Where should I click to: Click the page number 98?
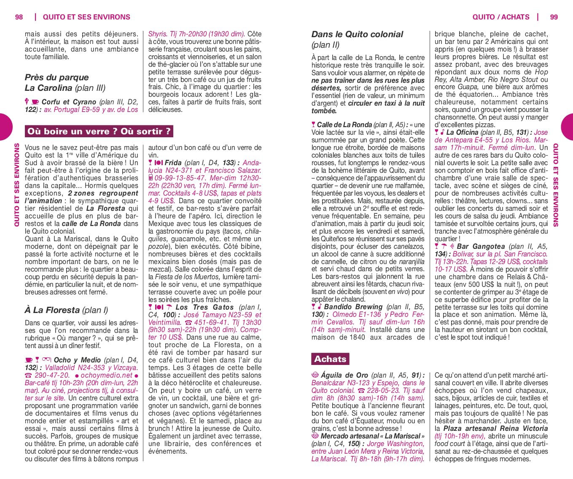[19, 17]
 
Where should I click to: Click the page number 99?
[554, 17]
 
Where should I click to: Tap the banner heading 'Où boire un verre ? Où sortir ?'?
[99, 131]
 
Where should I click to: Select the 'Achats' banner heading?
[330, 359]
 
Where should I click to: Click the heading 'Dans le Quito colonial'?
[357, 34]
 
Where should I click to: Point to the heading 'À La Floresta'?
[52, 310]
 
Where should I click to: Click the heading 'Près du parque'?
[56, 77]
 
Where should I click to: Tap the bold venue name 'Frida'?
[173, 163]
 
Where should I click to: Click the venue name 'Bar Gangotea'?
[481, 246]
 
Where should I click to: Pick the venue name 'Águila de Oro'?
[344, 375]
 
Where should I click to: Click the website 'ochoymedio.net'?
[106, 375]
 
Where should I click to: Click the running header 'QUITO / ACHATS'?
[500, 17]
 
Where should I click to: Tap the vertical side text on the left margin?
[17, 185]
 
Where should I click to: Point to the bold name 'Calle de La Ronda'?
[344, 125]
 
